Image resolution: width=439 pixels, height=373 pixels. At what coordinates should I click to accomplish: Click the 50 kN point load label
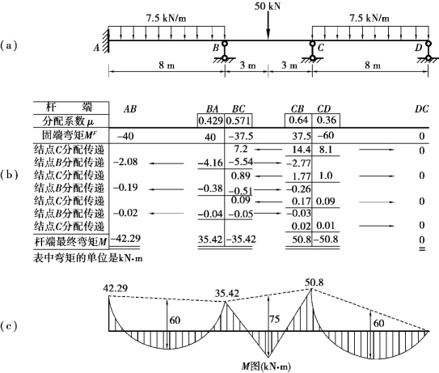pos(268,6)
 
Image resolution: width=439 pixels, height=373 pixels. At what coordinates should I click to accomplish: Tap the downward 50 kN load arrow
pos(268,26)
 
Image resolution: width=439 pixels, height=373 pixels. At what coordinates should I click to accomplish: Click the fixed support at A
pos(106,40)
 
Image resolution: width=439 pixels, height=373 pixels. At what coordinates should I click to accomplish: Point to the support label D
pos(418,48)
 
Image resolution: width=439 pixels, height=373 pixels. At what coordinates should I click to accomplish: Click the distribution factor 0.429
pos(210,121)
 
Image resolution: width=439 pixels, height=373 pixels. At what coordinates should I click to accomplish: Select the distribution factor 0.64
pos(298,120)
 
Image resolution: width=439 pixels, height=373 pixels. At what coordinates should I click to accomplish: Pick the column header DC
pos(422,108)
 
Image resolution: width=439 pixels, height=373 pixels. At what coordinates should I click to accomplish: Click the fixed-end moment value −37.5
pos(241,136)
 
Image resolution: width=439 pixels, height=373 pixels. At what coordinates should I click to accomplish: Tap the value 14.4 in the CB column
pos(302,150)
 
